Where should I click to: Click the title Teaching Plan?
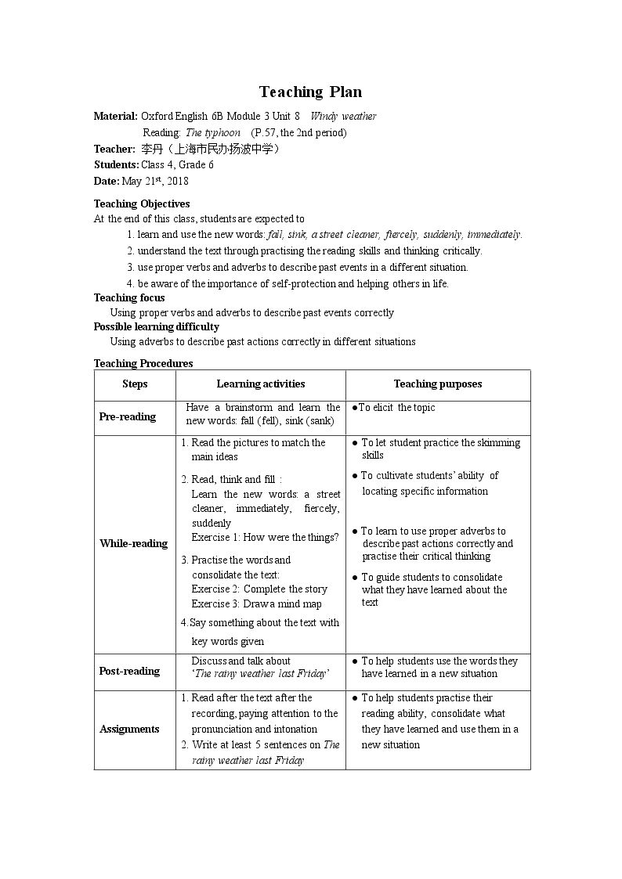click(310, 92)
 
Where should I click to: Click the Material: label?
click(115, 117)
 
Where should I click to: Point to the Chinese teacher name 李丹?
click(149, 149)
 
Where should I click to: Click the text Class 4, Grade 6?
click(177, 165)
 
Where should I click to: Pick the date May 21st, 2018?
click(155, 181)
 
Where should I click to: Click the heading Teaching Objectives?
click(142, 204)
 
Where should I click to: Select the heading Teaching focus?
click(129, 297)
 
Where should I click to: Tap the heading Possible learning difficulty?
click(157, 327)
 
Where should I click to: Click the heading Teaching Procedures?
click(143, 363)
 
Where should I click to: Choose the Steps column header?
click(135, 384)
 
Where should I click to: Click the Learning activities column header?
click(260, 384)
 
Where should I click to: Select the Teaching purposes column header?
click(437, 384)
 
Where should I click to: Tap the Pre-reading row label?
click(127, 417)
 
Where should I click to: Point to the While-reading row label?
click(133, 544)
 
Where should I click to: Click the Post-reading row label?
click(129, 672)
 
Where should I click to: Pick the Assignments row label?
click(129, 729)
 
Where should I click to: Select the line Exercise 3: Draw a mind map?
click(257, 604)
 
